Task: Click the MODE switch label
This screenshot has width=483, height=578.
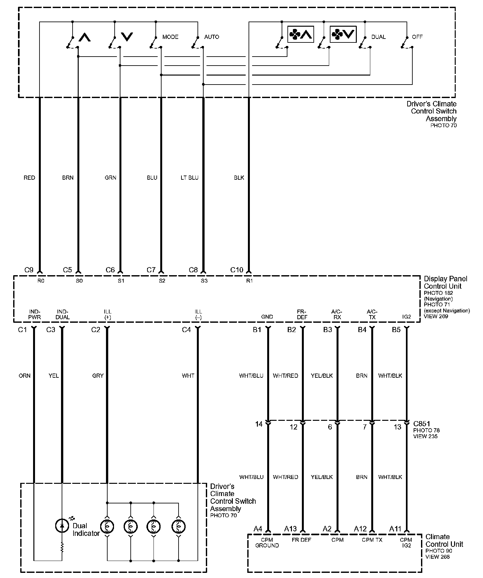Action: click(170, 37)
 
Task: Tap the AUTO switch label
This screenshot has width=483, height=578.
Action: click(212, 37)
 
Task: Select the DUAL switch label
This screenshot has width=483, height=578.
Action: click(378, 37)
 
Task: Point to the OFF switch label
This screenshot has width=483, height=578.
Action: click(417, 37)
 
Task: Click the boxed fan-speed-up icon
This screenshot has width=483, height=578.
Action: click(301, 34)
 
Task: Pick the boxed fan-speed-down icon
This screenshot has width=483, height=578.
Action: click(343, 34)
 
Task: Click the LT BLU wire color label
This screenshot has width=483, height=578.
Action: click(189, 178)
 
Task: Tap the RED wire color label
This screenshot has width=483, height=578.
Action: click(29, 178)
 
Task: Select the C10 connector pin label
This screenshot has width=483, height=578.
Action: click(237, 270)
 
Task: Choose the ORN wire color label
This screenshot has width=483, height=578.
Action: click(24, 375)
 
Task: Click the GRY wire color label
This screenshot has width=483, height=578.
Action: click(98, 375)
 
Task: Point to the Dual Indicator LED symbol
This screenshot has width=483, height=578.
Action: click(62, 526)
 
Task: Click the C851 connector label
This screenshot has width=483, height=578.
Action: click(422, 424)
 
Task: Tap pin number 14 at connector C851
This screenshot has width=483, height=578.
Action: click(259, 424)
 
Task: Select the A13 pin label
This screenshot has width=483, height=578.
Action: click(291, 529)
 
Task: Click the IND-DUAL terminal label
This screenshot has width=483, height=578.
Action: click(63, 314)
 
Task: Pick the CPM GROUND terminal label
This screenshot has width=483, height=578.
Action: click(267, 543)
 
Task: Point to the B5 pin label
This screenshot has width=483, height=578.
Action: click(396, 330)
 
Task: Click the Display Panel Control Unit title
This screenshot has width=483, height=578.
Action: click(445, 282)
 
